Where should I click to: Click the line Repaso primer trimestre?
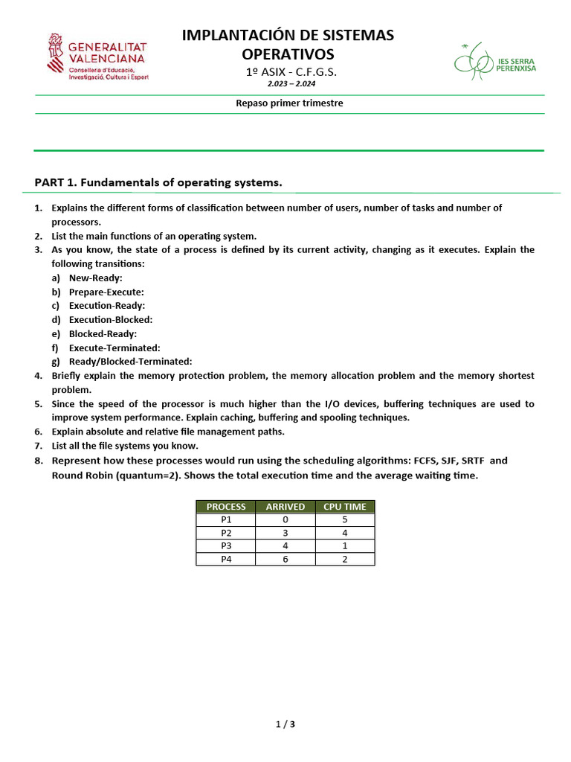click(289, 103)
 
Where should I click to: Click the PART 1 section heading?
click(158, 182)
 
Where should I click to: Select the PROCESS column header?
click(226, 507)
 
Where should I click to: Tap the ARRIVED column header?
click(285, 507)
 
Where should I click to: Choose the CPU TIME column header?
click(345, 507)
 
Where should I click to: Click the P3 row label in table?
click(226, 546)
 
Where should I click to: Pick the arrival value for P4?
click(285, 560)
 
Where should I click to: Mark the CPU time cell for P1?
click(345, 520)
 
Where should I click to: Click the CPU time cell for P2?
click(345, 533)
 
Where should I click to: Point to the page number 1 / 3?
click(285, 724)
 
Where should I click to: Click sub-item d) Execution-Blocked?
click(110, 319)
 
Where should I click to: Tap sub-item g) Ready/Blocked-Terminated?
click(130, 361)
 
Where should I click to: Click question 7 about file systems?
click(124, 446)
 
